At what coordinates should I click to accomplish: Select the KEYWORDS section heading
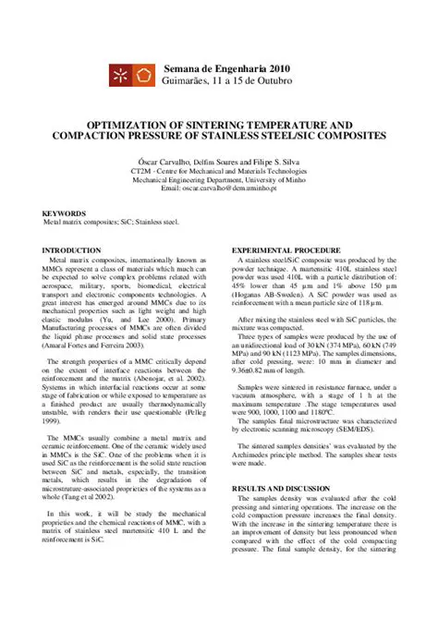pos(65,212)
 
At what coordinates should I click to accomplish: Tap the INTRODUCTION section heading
pos(72,250)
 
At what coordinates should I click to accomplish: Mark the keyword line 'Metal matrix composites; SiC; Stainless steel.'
pos(112,223)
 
